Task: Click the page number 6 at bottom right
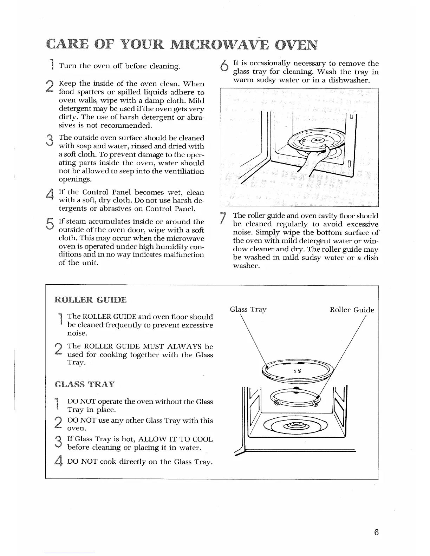tap(376, 532)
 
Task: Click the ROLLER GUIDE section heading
tap(91, 300)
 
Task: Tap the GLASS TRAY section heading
tap(85, 384)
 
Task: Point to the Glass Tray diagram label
tap(248, 309)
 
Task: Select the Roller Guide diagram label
tap(352, 310)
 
